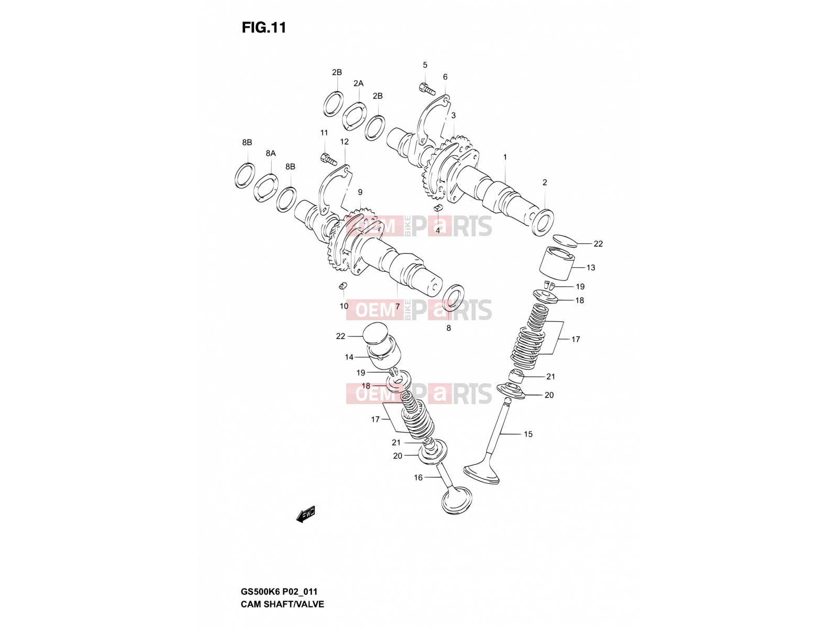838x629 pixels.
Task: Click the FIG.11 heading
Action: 264,27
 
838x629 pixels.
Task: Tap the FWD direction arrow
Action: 305,514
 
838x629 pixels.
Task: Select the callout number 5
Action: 425,65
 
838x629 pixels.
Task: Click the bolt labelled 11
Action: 329,159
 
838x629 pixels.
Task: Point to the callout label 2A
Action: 358,83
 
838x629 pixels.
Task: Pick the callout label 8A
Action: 270,153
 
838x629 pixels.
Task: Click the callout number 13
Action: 591,268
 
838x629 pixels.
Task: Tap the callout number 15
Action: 528,434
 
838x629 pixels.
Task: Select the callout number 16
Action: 418,478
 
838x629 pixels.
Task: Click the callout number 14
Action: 349,357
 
